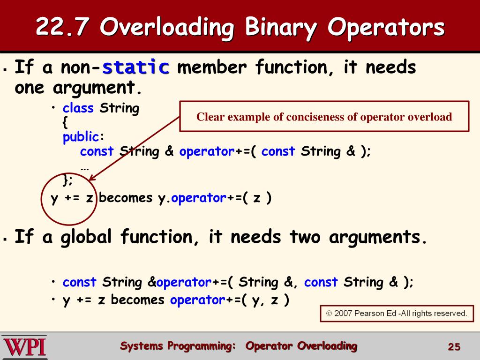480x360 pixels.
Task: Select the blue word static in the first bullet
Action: click(x=136, y=67)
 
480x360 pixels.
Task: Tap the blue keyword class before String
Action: click(x=78, y=108)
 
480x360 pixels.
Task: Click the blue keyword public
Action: click(x=81, y=137)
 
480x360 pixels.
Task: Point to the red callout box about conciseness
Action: click(x=324, y=117)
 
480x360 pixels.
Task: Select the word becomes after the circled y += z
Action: click(x=126, y=198)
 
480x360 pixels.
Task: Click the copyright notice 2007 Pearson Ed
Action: click(x=397, y=313)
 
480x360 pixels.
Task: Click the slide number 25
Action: click(x=454, y=347)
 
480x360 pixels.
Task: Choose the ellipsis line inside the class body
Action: click(x=85, y=166)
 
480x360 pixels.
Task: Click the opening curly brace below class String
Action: click(x=65, y=123)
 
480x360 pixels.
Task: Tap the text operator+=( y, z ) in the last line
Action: click(x=229, y=300)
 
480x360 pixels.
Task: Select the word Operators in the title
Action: click(x=386, y=27)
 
